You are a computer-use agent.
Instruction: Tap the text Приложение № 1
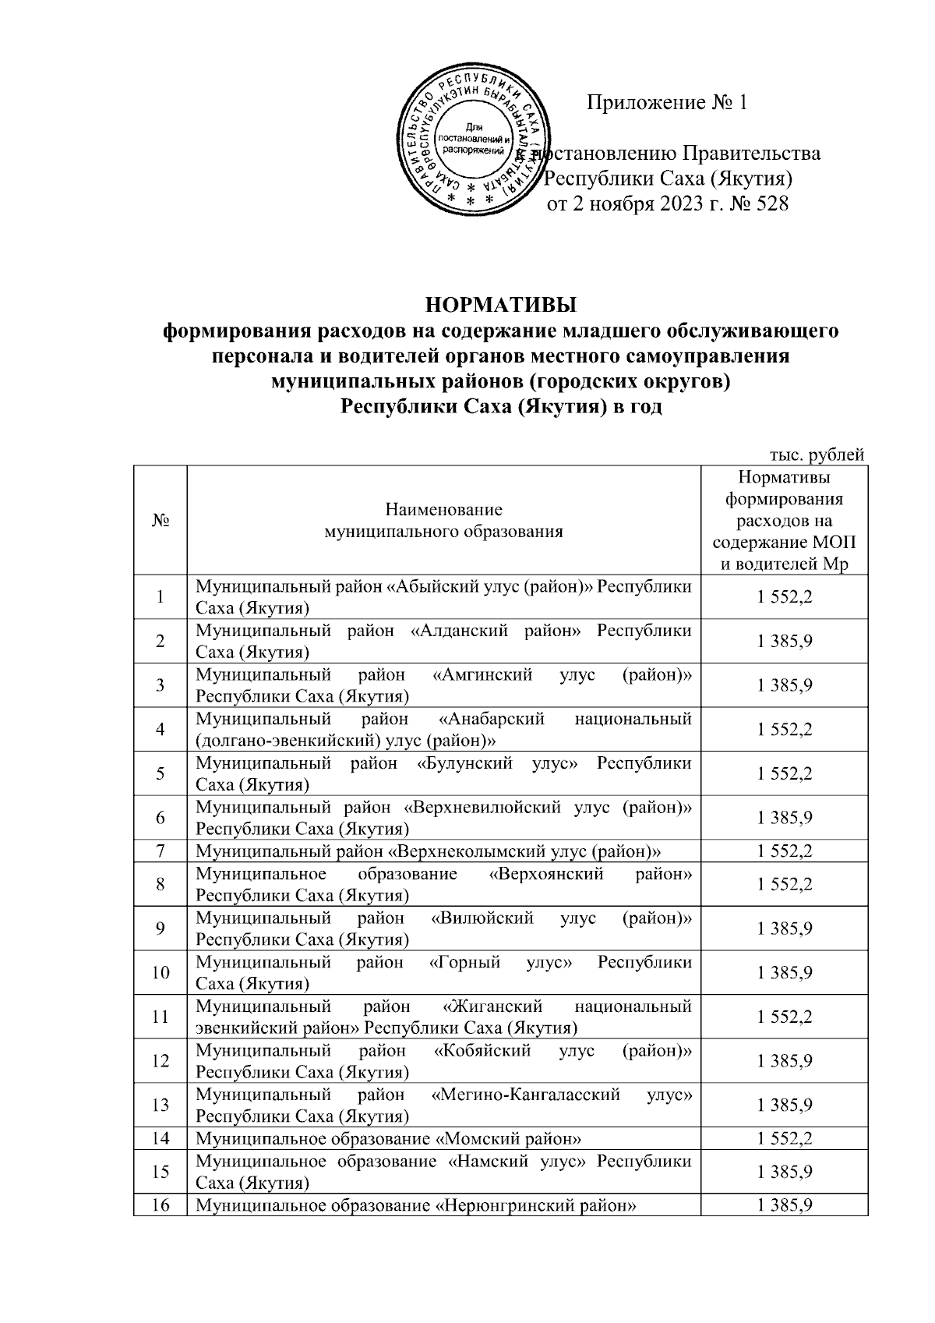click(x=667, y=104)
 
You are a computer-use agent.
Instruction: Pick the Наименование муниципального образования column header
click(x=443, y=521)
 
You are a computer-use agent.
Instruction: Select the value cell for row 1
click(x=784, y=597)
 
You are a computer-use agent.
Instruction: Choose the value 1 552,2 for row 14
click(x=784, y=1138)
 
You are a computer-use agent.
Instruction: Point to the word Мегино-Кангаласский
click(x=526, y=1095)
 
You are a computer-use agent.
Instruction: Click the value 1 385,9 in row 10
click(x=784, y=972)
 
